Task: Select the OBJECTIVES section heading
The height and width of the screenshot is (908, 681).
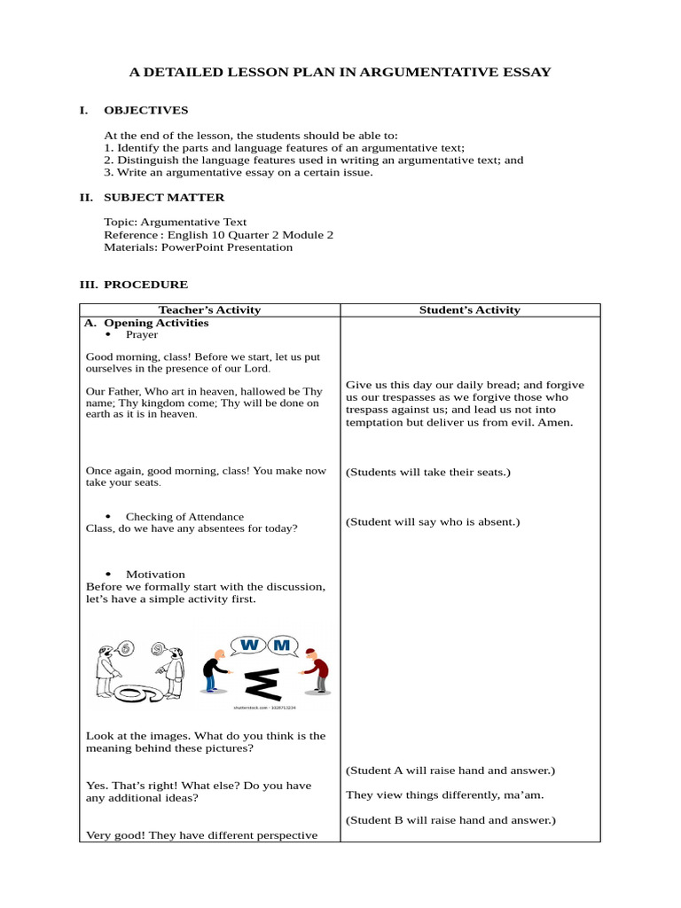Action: tap(145, 111)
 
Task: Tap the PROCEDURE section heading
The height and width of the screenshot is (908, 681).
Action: tap(145, 285)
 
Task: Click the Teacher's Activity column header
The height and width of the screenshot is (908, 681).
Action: tap(209, 310)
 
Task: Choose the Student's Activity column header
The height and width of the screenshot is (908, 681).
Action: tap(469, 310)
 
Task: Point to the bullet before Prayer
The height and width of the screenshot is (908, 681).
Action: tap(109, 335)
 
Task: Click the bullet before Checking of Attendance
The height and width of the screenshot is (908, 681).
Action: tap(109, 517)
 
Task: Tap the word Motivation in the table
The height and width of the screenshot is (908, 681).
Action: tap(155, 575)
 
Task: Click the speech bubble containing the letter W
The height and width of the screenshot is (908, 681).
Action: tap(248, 646)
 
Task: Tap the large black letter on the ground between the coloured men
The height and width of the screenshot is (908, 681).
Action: tap(263, 686)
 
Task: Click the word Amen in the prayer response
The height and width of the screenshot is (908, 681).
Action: tap(556, 423)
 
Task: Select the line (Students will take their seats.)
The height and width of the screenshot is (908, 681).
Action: tap(428, 473)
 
